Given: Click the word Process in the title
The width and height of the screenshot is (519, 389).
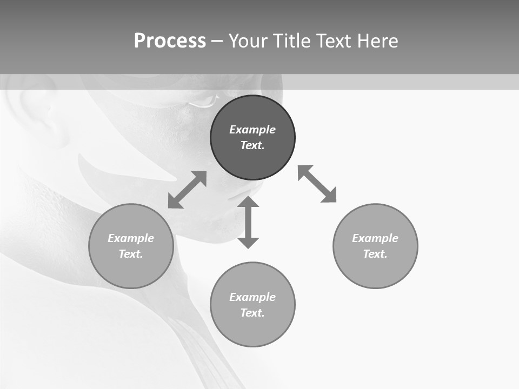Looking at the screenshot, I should pos(170,41).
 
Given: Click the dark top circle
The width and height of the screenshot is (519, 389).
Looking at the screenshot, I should pos(252,157).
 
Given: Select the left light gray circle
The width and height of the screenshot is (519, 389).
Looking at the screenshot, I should pos(131,270).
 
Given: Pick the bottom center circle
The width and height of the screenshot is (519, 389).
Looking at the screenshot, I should pos(252,330).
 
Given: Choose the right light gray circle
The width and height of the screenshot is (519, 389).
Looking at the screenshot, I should pos(375,270).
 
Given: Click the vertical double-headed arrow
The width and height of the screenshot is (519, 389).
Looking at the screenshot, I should pos(248,222).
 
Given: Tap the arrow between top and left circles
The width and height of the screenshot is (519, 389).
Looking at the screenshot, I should pos(187,190).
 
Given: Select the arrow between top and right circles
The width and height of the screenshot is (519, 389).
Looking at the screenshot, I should pos(317,184).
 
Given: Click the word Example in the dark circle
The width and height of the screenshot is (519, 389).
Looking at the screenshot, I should pos(252,130).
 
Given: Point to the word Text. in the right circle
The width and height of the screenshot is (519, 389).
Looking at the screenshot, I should pos(375,254).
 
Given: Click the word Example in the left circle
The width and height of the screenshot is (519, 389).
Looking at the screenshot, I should pos(131,238).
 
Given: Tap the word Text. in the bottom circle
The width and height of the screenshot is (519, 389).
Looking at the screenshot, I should pos(252,313).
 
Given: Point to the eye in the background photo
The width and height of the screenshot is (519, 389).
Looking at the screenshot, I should pos(203,101).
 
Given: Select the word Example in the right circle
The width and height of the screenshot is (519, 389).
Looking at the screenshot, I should pos(375,238).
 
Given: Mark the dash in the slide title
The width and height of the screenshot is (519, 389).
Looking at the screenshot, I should pos(217,42).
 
